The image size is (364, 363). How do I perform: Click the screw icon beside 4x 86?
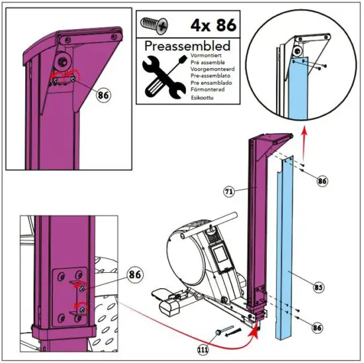coord(154,26)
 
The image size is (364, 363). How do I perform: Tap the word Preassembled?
coord(187,47)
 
